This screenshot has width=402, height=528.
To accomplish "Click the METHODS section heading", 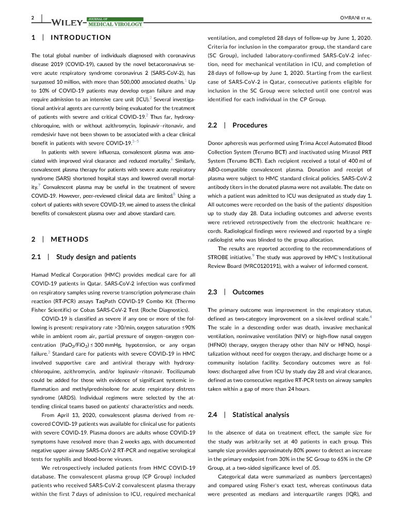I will tap(70, 239).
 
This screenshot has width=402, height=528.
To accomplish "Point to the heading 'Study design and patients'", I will tap(96, 257).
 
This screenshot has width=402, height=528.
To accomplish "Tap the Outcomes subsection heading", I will tap(248, 292).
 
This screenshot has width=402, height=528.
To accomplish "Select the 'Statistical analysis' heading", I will tap(261, 414).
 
